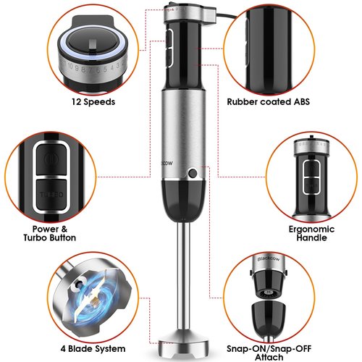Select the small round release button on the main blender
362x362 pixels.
(193, 172)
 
